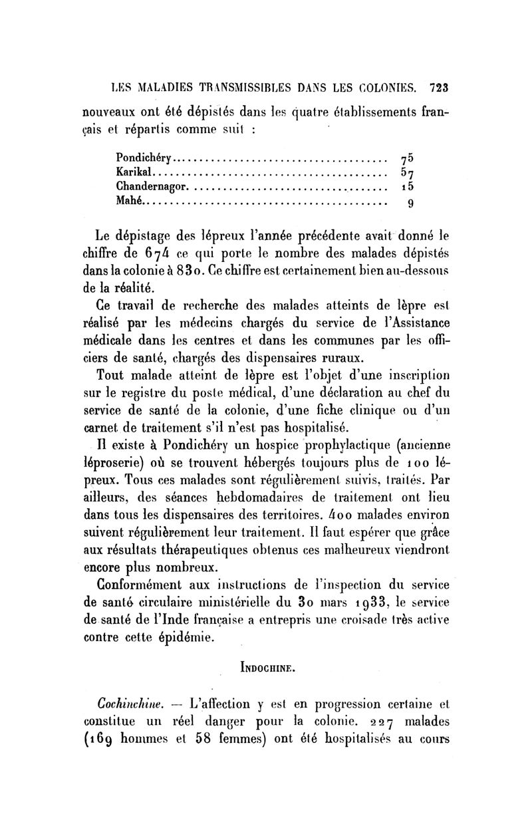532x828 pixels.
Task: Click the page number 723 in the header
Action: [x=440, y=86]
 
